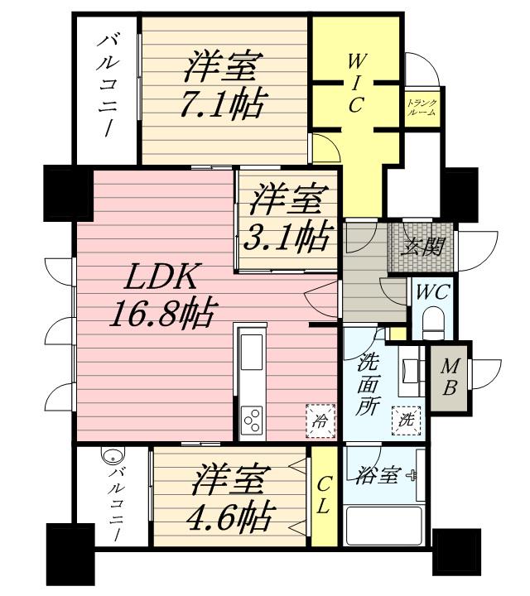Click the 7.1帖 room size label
pos(222,104)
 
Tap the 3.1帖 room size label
pos(287,236)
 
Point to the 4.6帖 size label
pos(229,517)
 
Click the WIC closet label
pos(355,83)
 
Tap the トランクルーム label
pos(422,108)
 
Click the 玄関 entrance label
pos(422,247)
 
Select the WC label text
pos(432,293)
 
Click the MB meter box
pos(449,377)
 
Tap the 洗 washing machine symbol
pos(407,420)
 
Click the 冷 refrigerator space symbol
pos(320,421)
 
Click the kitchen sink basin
pos(252,352)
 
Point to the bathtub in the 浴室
pos(383,526)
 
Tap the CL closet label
pos(324,495)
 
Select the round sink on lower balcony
pos(113,454)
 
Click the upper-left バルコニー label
pos(108,85)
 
